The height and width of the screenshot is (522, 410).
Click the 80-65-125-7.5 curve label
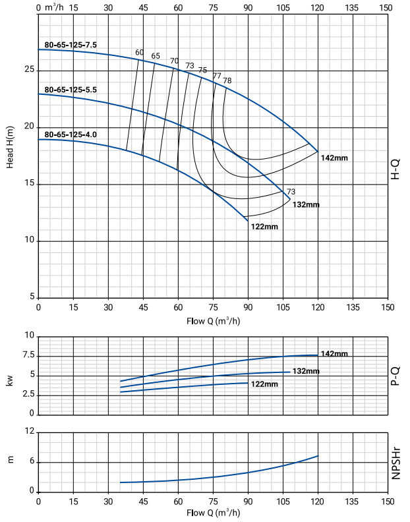[71, 45]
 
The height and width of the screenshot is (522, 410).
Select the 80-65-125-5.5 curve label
[71, 89]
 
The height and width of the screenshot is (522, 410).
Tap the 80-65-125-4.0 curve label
[71, 134]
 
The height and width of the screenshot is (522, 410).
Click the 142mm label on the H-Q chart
[334, 158]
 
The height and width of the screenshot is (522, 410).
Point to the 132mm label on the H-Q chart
[306, 204]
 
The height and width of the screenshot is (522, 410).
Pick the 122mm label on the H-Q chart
[264, 227]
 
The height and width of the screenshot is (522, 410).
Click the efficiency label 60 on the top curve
[139, 52]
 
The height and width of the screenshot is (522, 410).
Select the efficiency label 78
[227, 80]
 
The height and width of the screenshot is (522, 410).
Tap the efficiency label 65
[156, 56]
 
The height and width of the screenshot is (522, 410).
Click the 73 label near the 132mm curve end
[291, 192]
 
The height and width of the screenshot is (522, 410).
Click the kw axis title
[11, 380]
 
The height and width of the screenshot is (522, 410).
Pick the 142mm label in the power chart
[334, 354]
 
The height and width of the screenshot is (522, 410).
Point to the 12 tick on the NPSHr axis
[29, 432]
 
